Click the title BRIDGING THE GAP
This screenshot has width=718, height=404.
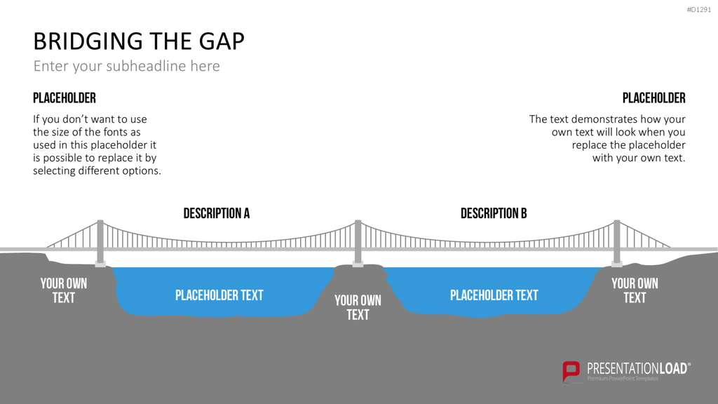point(139,41)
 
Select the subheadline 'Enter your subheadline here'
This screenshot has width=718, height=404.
point(126,66)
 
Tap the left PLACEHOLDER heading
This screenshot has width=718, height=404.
point(65,98)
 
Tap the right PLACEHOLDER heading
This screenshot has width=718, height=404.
point(654,98)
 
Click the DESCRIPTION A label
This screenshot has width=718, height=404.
point(217,213)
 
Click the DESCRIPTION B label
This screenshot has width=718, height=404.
point(494,213)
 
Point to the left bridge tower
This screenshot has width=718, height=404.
point(100,243)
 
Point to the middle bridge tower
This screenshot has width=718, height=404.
point(358,243)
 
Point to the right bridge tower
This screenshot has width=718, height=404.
point(617,243)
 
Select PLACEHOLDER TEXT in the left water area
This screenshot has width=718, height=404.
point(219,295)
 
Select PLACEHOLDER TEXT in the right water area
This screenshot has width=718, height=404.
point(494,295)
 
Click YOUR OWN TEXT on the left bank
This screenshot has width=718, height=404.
point(64,290)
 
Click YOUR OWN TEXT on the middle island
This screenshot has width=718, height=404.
point(358,307)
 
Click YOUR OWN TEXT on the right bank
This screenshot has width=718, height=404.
point(635,290)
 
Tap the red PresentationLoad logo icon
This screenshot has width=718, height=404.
point(571,371)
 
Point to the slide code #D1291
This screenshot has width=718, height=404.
point(699,10)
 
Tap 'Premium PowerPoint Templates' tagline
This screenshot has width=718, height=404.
point(623,378)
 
